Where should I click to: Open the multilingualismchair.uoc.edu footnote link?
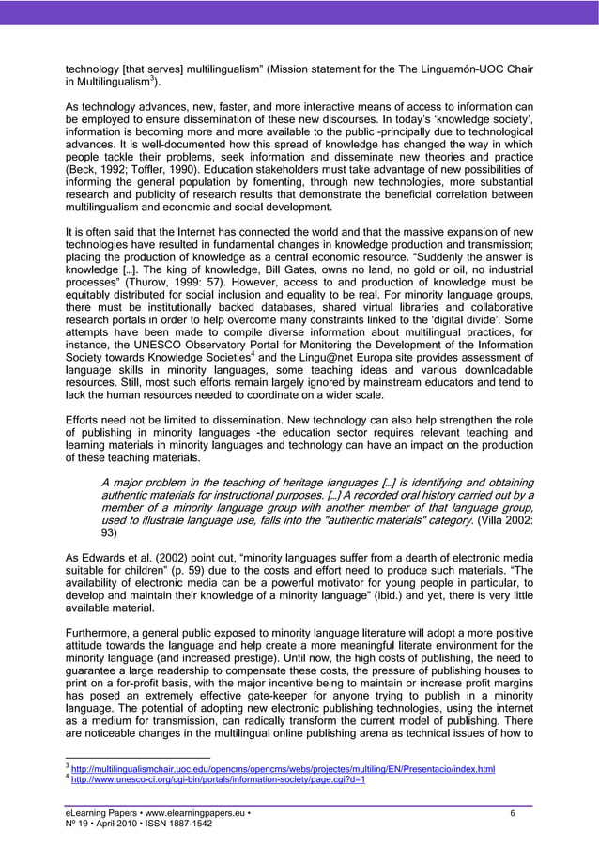pyautogui.click(x=284, y=769)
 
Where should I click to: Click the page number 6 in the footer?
pyautogui.click(x=513, y=813)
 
